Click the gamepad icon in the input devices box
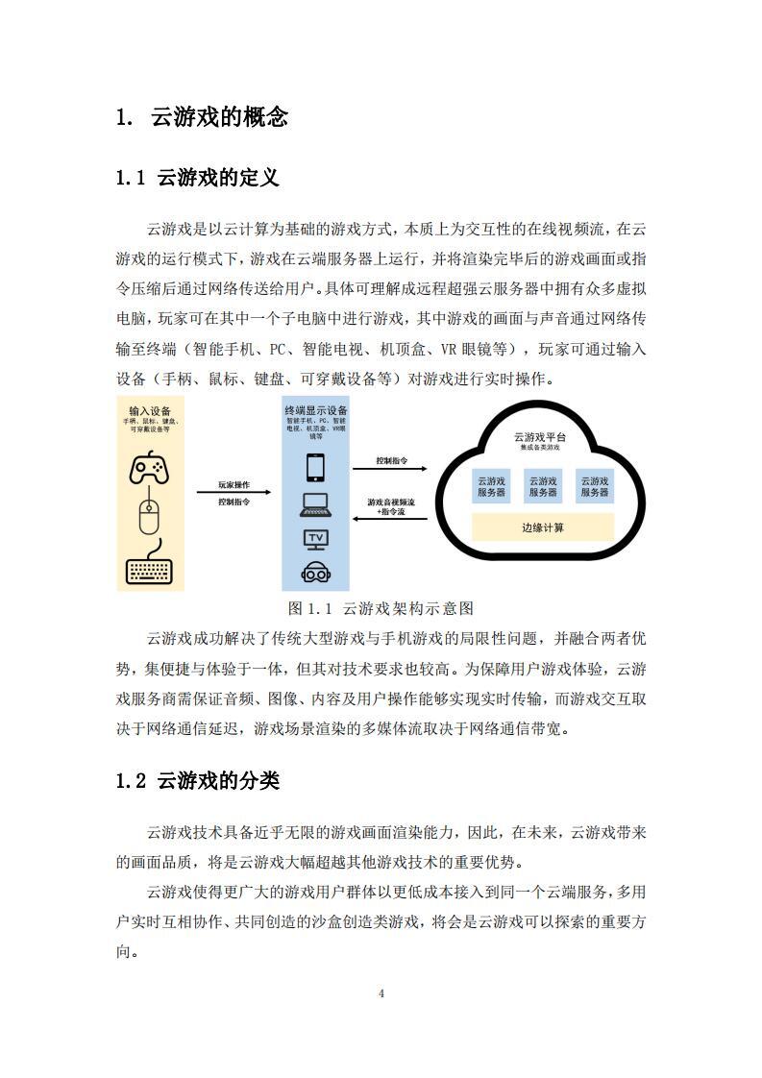click(x=149, y=469)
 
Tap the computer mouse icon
click(x=148, y=516)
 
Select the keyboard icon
click(x=149, y=569)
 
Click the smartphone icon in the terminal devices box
click(x=315, y=468)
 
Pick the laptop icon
click(x=315, y=503)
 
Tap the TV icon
click(x=315, y=538)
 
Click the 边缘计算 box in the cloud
click(x=543, y=527)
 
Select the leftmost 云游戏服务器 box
click(x=492, y=486)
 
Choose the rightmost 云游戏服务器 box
click(x=592, y=486)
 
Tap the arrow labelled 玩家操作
click(x=234, y=493)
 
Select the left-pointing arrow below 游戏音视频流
click(x=391, y=519)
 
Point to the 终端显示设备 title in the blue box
click(x=315, y=408)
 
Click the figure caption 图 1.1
click(x=381, y=608)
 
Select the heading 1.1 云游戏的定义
click(x=197, y=178)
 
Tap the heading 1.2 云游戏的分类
click(x=197, y=780)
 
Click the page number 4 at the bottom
click(x=381, y=993)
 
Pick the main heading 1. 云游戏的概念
click(x=202, y=117)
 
